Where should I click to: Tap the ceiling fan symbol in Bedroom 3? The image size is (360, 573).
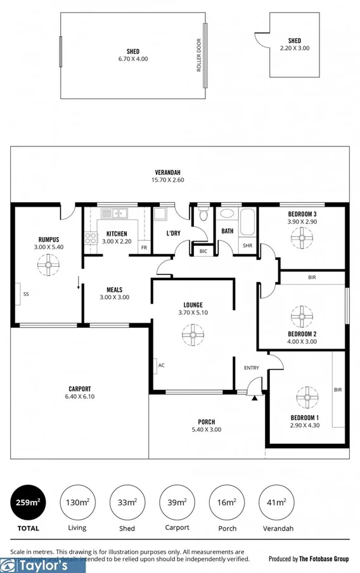coord(302,238)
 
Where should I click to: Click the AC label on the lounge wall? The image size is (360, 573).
coord(162,365)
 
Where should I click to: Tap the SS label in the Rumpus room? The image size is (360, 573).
coord(26,294)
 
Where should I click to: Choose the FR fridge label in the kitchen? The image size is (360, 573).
coord(145,247)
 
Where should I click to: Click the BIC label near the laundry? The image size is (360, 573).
coord(203,251)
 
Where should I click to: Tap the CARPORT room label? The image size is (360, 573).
coord(80,389)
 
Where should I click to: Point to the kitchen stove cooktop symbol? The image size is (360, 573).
coord(91,239)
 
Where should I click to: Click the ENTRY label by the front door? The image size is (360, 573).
coord(252,368)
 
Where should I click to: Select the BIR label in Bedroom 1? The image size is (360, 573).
coord(338,390)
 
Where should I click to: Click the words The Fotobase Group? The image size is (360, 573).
coord(324,559)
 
